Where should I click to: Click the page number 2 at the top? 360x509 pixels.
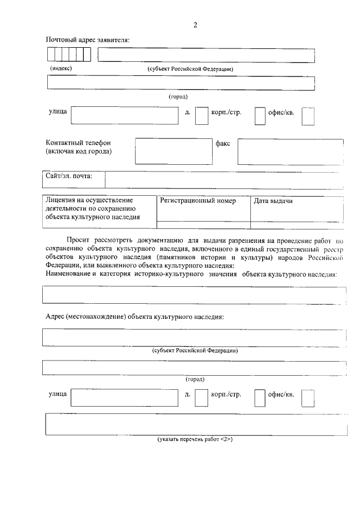click(x=195, y=25)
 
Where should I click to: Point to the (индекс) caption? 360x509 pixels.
click(x=61, y=68)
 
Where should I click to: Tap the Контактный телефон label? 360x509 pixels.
click(x=78, y=143)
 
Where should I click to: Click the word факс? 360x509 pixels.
click(x=223, y=143)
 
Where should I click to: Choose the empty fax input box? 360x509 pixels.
click(x=290, y=152)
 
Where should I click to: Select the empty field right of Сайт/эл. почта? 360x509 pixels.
click(x=224, y=179)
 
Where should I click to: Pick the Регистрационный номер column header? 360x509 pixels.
click(x=197, y=201)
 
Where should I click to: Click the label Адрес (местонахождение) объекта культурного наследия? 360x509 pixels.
click(x=134, y=316)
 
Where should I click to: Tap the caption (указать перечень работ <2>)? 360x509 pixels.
click(x=195, y=439)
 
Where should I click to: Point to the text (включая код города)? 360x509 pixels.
click(x=78, y=151)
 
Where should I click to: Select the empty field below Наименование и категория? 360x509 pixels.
click(x=195, y=295)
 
